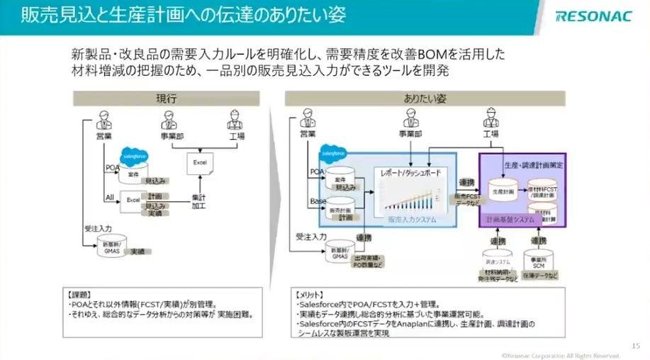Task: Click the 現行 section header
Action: click(x=167, y=99)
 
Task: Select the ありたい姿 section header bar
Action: click(x=425, y=99)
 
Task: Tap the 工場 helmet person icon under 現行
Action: click(x=235, y=118)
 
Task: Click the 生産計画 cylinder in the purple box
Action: click(x=501, y=190)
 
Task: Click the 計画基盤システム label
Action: click(x=510, y=220)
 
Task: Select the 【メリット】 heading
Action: click(x=310, y=292)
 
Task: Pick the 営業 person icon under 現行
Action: click(x=104, y=118)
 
